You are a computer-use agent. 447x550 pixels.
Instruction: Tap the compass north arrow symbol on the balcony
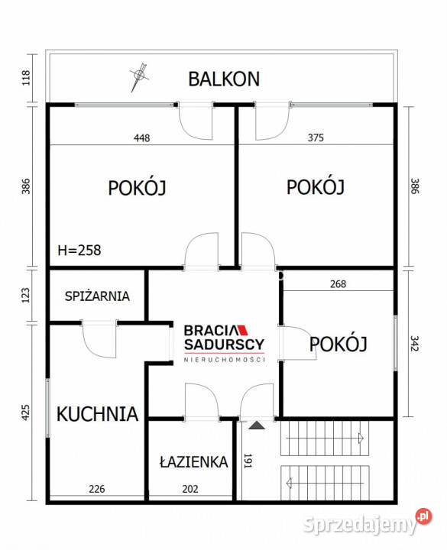point(138,75)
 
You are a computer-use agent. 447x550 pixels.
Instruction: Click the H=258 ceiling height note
point(79,249)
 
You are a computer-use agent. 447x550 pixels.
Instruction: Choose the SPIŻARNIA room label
point(97,296)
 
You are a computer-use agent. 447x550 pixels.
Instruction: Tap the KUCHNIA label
point(97,414)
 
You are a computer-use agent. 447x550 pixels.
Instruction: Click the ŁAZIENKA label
point(193,461)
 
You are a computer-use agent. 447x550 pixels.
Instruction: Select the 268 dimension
point(338,284)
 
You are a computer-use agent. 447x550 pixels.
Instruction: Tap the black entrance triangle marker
point(256,424)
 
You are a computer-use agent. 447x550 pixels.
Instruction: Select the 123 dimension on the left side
point(25,295)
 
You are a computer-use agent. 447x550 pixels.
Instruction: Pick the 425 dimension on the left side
point(25,412)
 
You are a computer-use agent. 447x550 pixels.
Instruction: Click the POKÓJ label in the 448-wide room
point(138,186)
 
